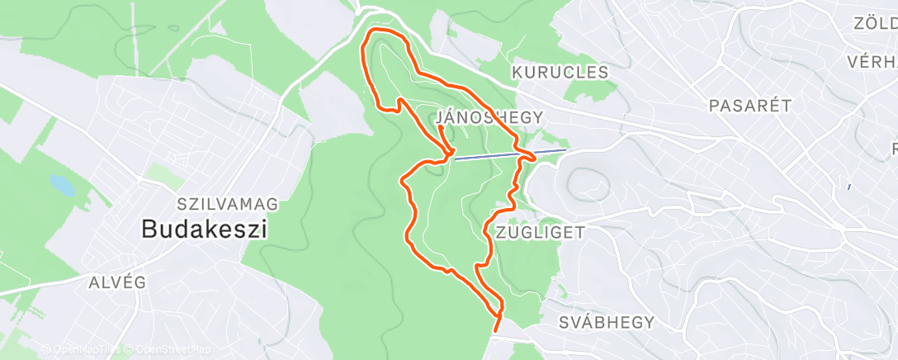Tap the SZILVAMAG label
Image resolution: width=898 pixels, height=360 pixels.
pos(227,203)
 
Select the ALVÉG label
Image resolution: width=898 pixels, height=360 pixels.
pos(117,282)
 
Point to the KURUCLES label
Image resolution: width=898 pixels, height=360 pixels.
pos(560,73)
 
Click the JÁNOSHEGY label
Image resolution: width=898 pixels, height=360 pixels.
pos(489,117)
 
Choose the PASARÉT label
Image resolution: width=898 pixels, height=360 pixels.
pos(750,105)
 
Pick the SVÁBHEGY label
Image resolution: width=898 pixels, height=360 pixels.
pos(606,321)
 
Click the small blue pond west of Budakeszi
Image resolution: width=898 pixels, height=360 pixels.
pos(62,185)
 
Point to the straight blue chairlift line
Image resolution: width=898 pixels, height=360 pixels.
pos(495,155)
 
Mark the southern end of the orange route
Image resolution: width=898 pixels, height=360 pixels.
pos(495,331)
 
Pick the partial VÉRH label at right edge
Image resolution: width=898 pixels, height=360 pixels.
pos(872,62)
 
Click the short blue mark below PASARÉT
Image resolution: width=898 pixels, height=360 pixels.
pos(848,187)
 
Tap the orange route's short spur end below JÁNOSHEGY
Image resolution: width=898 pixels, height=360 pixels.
pos(441,128)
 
